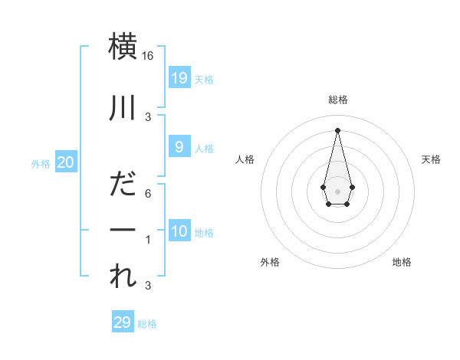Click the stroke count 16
pos(149,56)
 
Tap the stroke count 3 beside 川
pos(149,117)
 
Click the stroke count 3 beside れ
pos(149,286)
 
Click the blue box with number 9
pos(179,147)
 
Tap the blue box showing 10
pos(179,231)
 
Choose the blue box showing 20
pos(66,162)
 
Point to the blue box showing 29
pos(122,322)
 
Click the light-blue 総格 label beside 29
pos(147,324)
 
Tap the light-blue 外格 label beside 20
pos(41,164)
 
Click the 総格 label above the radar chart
pos(337,100)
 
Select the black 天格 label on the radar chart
pos(432,159)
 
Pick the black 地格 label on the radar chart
pos(402,262)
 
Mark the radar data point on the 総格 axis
pos(337,129)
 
